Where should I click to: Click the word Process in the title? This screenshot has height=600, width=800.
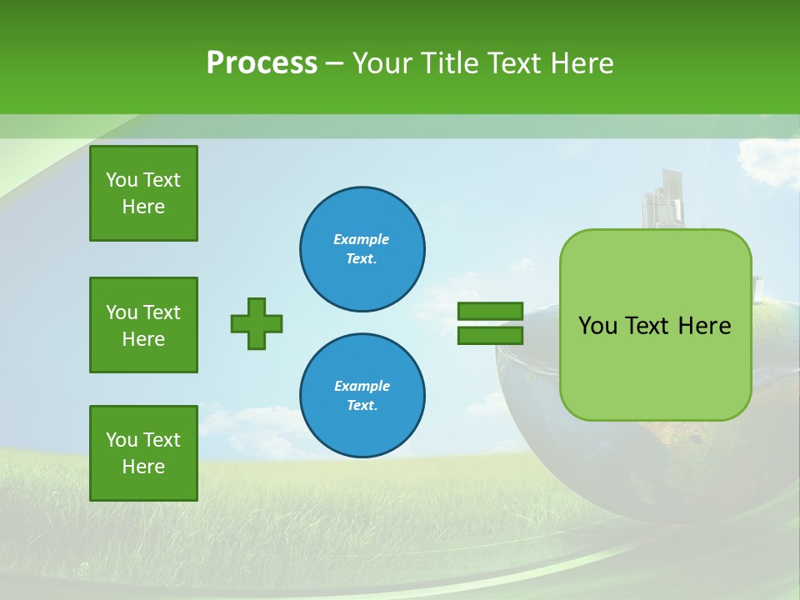pyautogui.click(x=262, y=62)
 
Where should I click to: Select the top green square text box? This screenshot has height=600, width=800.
pyautogui.click(x=143, y=193)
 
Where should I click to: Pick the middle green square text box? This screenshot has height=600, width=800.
pyautogui.click(x=143, y=325)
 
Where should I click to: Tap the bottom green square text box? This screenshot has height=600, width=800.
pyautogui.click(x=143, y=452)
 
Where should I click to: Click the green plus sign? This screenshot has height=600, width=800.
pyautogui.click(x=257, y=323)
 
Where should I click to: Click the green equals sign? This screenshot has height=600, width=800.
pyautogui.click(x=490, y=323)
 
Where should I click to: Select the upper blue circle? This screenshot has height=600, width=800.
pyautogui.click(x=362, y=249)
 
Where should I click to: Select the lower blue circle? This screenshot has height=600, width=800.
pyautogui.click(x=362, y=396)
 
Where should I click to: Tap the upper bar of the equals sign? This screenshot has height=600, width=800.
pyautogui.click(x=490, y=312)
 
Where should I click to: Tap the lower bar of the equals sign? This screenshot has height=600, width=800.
pyautogui.click(x=490, y=335)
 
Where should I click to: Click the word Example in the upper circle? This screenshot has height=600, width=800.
pyautogui.click(x=362, y=239)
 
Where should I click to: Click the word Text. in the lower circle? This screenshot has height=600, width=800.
pyautogui.click(x=362, y=406)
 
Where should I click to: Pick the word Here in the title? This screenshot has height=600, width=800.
pyautogui.click(x=581, y=62)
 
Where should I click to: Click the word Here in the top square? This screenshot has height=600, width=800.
pyautogui.click(x=143, y=207)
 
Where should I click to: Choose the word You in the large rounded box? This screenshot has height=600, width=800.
pyautogui.click(x=598, y=326)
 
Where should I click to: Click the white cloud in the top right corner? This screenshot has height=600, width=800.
pyautogui.click(x=767, y=162)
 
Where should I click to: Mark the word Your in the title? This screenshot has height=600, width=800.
pyautogui.click(x=382, y=62)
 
